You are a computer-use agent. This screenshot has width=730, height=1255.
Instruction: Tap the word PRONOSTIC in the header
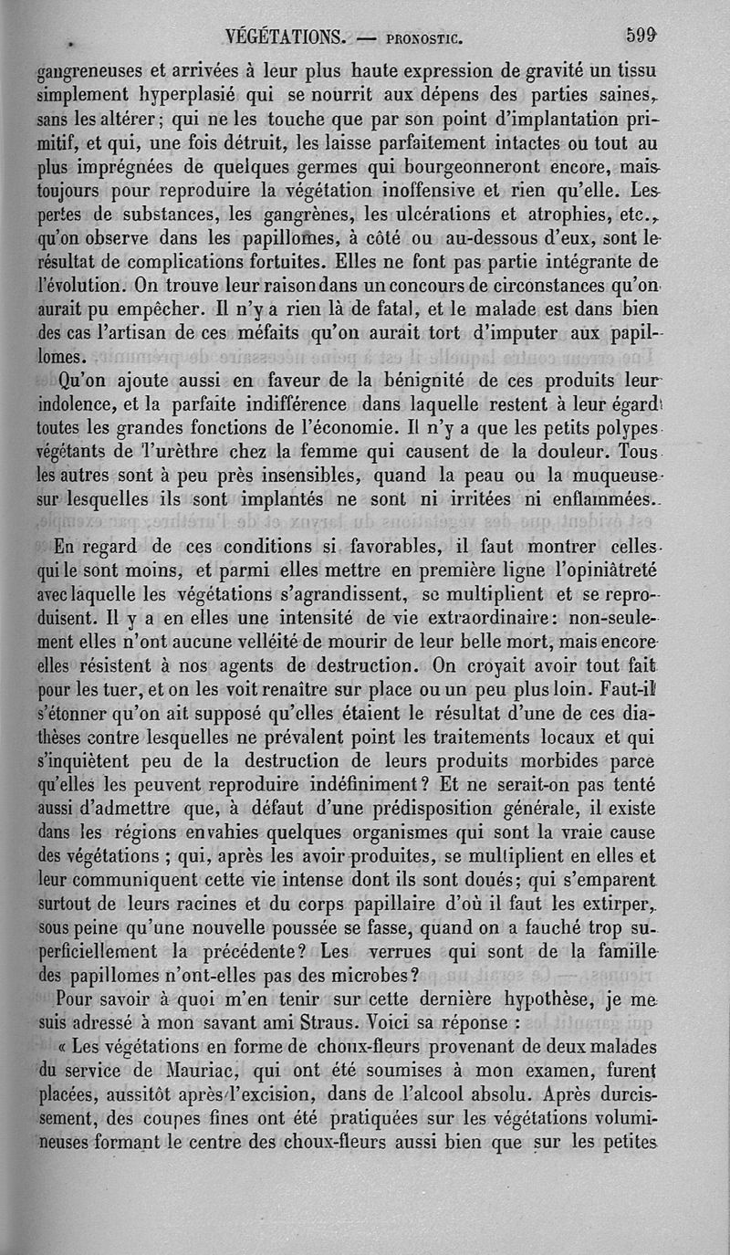[426, 39]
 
